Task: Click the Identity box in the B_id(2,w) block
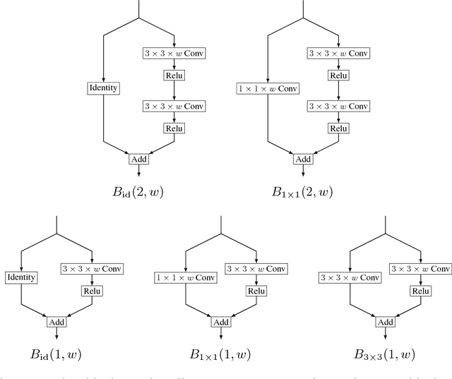click(103, 88)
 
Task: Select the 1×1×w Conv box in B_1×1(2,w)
click(268, 88)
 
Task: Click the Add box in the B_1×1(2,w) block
click(303, 159)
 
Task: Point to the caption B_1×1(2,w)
click(304, 190)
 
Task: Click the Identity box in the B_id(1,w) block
click(20, 278)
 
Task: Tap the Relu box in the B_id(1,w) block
click(92, 290)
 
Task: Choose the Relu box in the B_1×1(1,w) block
click(257, 290)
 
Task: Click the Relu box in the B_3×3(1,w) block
click(421, 290)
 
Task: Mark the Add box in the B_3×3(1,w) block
click(386, 322)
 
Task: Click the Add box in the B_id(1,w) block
click(56, 322)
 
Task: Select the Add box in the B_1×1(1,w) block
click(222, 322)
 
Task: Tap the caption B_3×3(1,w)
click(386, 354)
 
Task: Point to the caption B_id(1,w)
click(56, 354)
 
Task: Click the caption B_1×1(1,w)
click(222, 354)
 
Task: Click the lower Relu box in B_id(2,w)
click(174, 128)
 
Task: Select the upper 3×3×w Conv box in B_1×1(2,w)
click(338, 53)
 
